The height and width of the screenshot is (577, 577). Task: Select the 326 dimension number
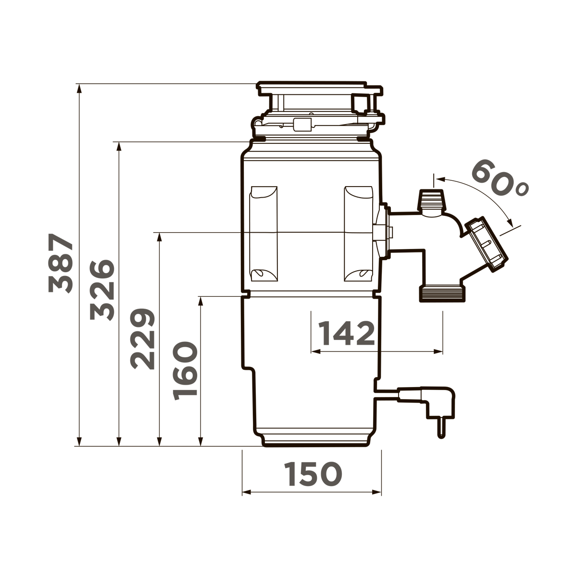point(102,290)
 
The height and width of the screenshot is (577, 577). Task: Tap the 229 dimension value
point(143,339)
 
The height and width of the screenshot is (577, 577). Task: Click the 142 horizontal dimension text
point(347,333)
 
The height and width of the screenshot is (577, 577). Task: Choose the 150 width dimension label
point(313,474)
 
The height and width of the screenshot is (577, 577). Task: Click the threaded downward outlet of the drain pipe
point(443,293)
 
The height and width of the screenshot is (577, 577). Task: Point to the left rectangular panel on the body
point(263,234)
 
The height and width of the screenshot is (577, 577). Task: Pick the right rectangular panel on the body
point(358,234)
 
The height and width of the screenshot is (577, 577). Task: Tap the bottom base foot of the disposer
point(316,440)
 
